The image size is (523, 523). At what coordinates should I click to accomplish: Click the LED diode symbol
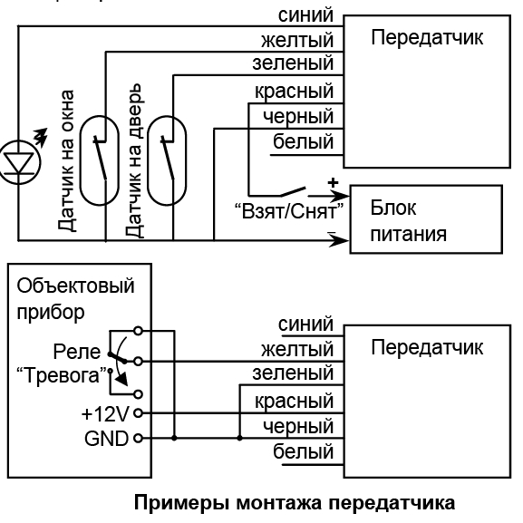[x=19, y=163]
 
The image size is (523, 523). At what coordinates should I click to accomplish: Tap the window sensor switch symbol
[x=99, y=160]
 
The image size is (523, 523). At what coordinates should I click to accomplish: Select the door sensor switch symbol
[x=167, y=160]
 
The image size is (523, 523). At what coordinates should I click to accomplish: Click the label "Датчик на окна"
[x=65, y=160]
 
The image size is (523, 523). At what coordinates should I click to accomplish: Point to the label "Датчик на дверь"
[x=134, y=160]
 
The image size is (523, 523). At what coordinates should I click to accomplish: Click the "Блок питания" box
[x=426, y=219]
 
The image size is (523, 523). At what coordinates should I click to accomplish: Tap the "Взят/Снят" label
[x=289, y=211]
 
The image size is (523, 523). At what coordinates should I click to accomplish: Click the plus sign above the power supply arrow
[x=333, y=182]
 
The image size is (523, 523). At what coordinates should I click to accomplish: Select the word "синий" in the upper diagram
[x=305, y=15]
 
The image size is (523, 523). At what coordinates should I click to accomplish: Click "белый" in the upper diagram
[x=303, y=141]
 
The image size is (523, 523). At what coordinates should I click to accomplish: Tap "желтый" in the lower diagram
[x=297, y=349]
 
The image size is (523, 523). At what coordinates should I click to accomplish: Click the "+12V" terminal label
[x=105, y=414]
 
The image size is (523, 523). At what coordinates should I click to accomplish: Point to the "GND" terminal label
[x=106, y=439]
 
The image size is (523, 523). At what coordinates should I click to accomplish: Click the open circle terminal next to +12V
[x=138, y=413]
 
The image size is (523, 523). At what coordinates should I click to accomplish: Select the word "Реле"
[x=77, y=352]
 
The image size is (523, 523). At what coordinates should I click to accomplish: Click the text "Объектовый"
[x=76, y=286]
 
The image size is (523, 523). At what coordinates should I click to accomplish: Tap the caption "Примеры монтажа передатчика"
[x=295, y=503]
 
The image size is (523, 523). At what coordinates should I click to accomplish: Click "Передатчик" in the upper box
[x=427, y=37]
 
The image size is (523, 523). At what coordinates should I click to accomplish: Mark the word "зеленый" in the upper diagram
[x=293, y=63]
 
